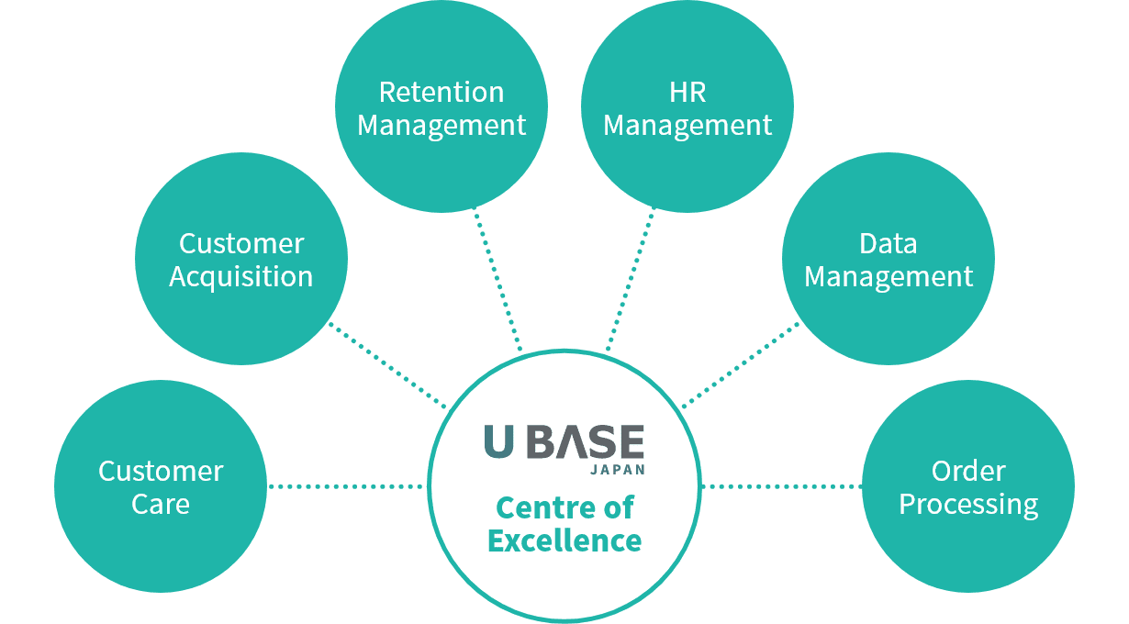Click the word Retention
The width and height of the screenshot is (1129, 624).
pos(442,93)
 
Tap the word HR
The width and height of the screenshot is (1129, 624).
pos(687,93)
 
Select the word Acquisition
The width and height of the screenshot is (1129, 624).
pos(240,277)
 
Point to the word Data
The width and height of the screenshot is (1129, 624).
pos(889,244)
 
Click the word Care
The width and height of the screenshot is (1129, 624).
pos(161,504)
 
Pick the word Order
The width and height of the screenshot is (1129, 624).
pos(968,472)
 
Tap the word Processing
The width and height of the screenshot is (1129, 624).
pos(968,505)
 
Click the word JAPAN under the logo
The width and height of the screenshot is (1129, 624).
pos(618,470)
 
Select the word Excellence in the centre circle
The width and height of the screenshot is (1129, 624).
pos(564,540)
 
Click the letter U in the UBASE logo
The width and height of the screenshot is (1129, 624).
pos(499,441)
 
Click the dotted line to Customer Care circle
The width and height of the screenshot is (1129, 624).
pos(346,486)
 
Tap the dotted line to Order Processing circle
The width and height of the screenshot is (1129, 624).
pos(782,486)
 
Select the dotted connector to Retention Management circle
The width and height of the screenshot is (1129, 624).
pos(497,279)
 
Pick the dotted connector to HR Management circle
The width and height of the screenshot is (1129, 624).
pos(631,279)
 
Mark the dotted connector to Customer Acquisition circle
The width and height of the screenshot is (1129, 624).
pos(387,365)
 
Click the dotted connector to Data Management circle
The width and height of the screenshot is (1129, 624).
pos(741,365)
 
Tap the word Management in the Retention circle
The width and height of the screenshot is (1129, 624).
pos(442,126)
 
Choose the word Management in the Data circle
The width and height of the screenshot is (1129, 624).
pos(889,277)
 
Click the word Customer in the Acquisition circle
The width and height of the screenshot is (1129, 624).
pos(241,244)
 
